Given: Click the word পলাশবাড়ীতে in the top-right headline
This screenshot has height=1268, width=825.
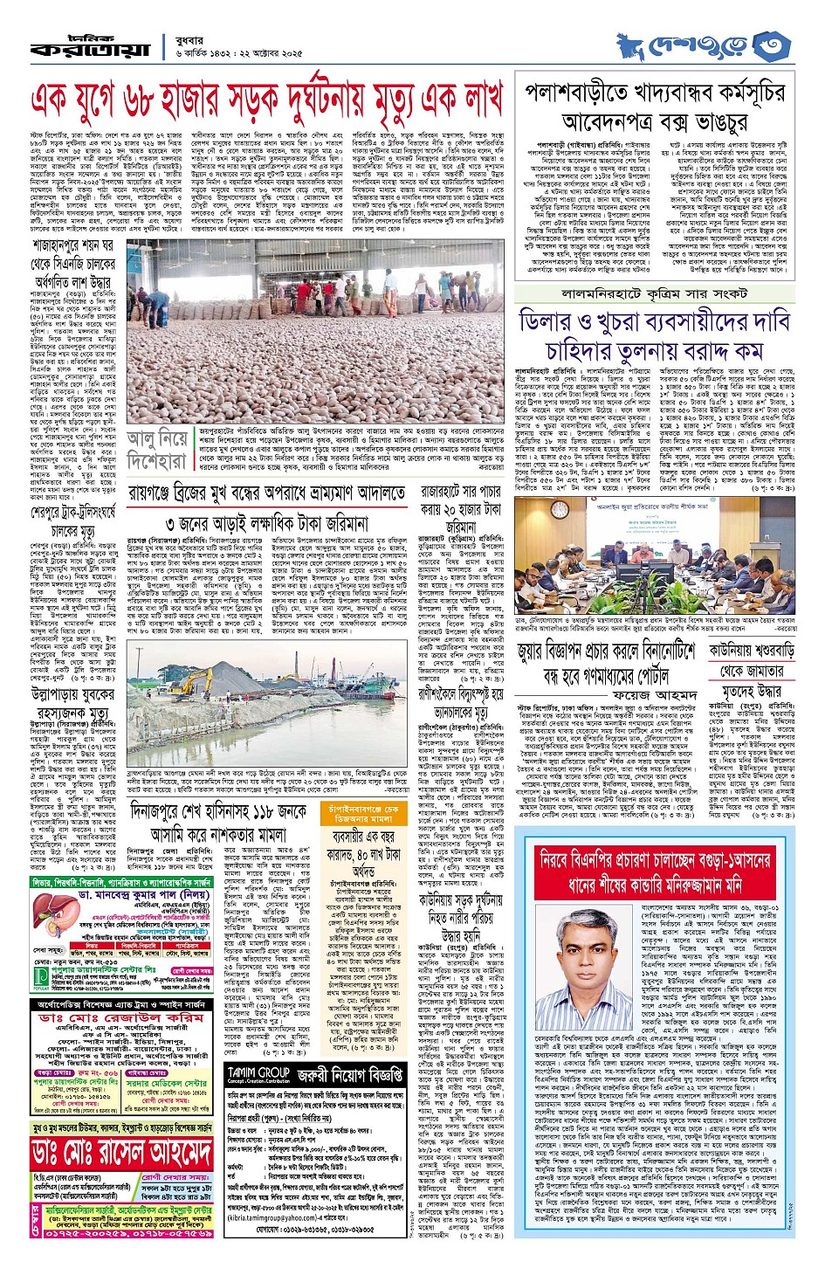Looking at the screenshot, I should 593,93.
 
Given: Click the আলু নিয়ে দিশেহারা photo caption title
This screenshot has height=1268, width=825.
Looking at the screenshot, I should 156,448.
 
